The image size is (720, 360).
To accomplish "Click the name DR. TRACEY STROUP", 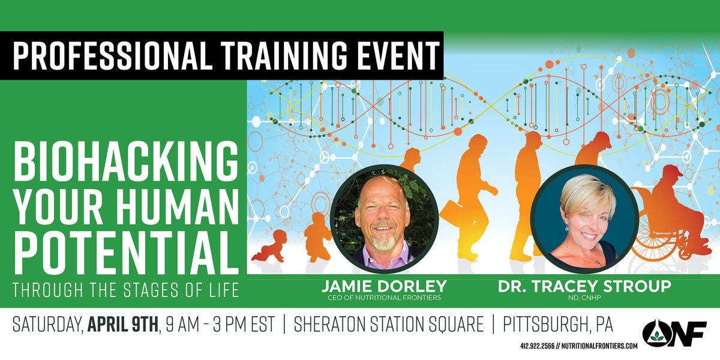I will (584, 286).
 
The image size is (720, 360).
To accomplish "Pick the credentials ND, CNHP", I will (584, 296).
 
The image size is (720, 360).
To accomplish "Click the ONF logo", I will (673, 331).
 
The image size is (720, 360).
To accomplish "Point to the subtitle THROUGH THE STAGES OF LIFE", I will (125, 290).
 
